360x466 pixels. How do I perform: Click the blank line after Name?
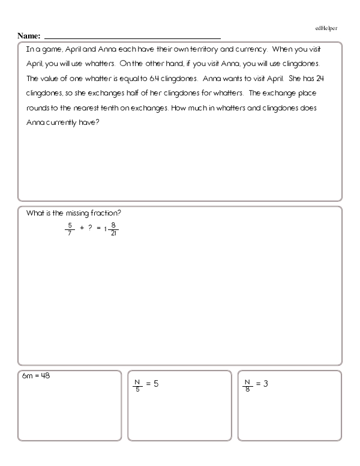[132, 38]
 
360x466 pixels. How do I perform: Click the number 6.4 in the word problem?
[155, 79]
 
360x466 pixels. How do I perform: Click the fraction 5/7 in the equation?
[69, 229]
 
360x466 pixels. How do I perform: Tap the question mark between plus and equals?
[90, 229]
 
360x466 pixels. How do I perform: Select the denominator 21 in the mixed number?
[113, 233]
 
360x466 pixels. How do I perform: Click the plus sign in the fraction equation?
[80, 229]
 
